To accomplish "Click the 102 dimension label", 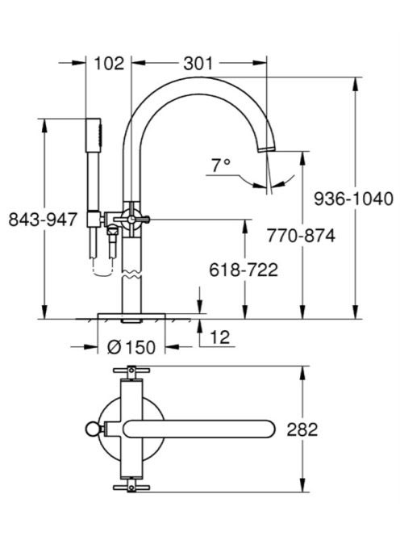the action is click(x=109, y=64).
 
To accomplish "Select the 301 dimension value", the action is click(x=198, y=64).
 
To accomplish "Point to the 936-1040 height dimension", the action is click(x=353, y=199).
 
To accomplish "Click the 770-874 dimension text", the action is click(x=301, y=236).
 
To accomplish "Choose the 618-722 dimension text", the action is click(x=244, y=270).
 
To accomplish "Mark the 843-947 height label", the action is click(x=43, y=219).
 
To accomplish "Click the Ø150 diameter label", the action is click(x=131, y=347).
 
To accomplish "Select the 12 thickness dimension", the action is click(x=220, y=337).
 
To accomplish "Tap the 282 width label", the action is click(x=302, y=429).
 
